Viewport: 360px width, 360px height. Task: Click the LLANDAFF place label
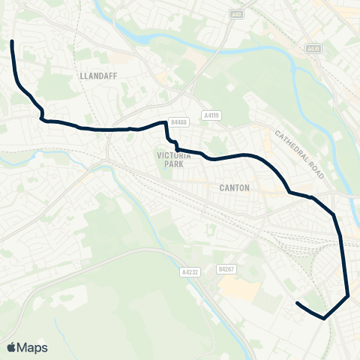(95, 76)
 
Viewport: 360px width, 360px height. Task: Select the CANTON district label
(235, 187)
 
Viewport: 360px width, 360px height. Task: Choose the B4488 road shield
(178, 121)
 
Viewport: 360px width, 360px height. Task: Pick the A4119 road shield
(211, 115)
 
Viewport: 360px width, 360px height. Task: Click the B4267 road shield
(226, 268)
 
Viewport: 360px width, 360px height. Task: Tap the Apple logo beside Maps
(12, 347)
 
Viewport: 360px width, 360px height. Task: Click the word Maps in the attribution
(32, 347)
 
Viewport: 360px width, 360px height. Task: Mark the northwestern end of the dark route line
(12, 42)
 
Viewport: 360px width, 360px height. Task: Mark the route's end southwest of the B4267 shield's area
(298, 303)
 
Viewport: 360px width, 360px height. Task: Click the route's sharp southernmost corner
(324, 318)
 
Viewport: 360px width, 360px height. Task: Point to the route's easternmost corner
(349, 295)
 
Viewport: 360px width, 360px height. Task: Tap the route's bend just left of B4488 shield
(165, 122)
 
